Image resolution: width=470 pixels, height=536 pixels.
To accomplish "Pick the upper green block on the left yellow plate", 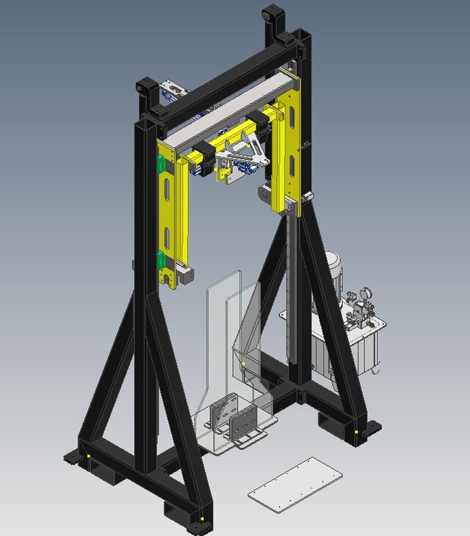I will tap(159, 167).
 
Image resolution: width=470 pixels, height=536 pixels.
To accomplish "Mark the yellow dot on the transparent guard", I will tap(243, 363).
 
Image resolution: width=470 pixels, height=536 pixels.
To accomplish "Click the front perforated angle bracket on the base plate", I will tap(245, 426).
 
